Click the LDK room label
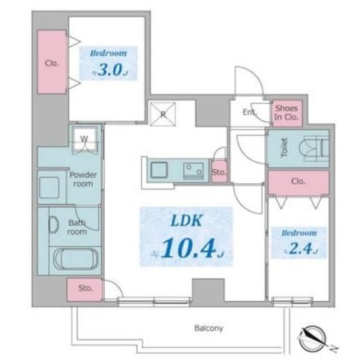(187, 221)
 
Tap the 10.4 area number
(189, 248)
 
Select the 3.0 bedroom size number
(110, 69)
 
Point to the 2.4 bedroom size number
(300, 249)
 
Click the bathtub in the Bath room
(76, 258)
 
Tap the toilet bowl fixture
(314, 149)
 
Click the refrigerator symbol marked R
(163, 114)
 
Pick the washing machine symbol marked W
(84, 140)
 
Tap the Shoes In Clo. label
(286, 112)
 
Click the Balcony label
(209, 328)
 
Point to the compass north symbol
(314, 338)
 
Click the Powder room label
(83, 179)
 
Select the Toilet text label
(284, 147)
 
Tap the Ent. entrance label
(250, 112)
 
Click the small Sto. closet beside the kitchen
(219, 171)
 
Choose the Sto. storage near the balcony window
(85, 289)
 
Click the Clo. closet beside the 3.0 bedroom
(52, 62)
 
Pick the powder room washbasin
(49, 187)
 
